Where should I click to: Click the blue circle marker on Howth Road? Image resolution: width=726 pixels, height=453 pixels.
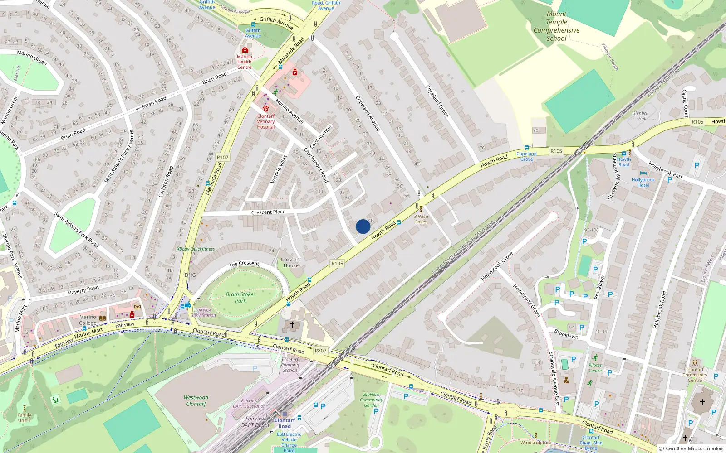click(363, 226)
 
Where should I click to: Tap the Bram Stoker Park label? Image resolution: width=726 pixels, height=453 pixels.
click(240, 297)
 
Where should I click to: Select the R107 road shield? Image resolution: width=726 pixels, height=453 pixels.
click(222, 158)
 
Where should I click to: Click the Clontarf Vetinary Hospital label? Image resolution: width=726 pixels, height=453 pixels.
click(266, 121)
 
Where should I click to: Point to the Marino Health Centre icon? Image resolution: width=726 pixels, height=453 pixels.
click(245, 50)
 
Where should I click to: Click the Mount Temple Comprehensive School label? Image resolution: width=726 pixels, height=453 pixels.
click(556, 26)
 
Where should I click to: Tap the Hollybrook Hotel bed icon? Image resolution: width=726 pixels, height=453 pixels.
click(643, 173)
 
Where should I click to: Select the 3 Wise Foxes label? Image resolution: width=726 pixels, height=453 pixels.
click(421, 219)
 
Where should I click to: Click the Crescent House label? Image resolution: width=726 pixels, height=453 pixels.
click(291, 263)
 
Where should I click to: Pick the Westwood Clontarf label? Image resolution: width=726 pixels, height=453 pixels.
click(196, 400)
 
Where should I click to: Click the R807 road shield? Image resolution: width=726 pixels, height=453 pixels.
click(320, 351)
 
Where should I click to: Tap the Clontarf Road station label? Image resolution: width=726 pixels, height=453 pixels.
click(285, 423)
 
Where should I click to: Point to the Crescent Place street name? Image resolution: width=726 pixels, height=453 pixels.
click(268, 212)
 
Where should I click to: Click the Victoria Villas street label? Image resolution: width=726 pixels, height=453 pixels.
click(279, 169)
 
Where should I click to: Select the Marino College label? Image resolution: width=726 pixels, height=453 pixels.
click(88, 320)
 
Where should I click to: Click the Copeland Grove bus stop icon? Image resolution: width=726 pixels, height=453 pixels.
click(526, 148)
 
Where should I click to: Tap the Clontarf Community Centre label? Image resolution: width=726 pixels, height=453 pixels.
click(695, 375)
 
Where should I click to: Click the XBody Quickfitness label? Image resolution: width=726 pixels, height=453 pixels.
click(196, 249)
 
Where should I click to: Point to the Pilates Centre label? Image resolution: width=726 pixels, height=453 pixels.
click(595, 368)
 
